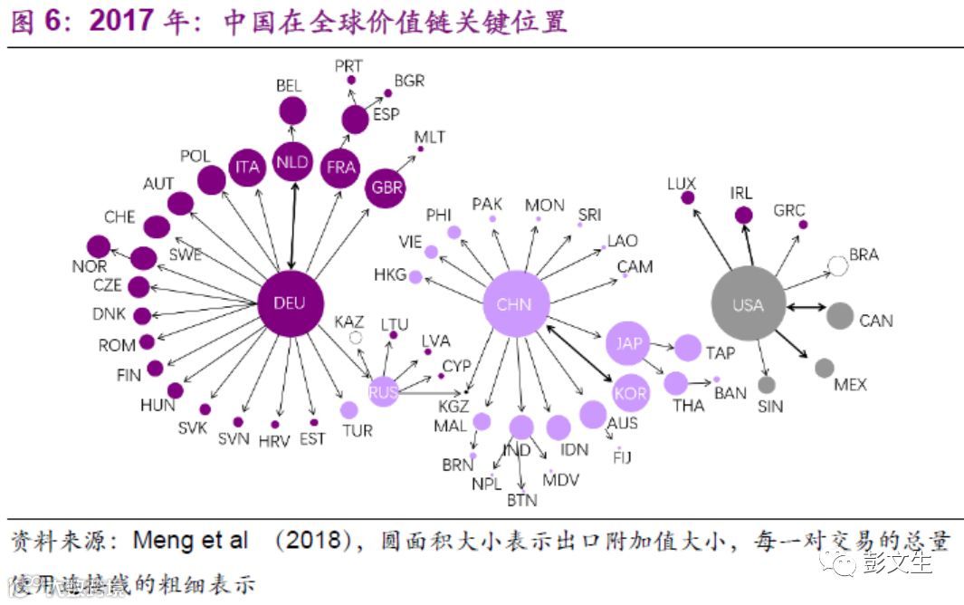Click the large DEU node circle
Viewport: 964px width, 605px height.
(x=290, y=303)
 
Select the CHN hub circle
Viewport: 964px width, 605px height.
(x=516, y=304)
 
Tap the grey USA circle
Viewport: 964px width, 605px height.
(x=748, y=304)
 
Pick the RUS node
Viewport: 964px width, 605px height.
(x=384, y=391)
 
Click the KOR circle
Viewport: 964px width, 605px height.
(x=629, y=393)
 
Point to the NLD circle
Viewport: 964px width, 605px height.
(x=292, y=163)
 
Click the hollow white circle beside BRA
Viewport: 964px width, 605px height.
(x=838, y=265)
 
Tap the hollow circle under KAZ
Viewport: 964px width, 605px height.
(x=356, y=338)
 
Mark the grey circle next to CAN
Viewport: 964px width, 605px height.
(x=840, y=315)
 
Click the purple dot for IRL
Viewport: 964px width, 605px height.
(x=743, y=215)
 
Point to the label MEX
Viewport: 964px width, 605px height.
(x=850, y=385)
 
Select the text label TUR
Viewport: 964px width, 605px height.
(x=358, y=430)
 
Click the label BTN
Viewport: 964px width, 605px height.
(x=522, y=499)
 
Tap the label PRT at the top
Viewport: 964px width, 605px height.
(x=349, y=65)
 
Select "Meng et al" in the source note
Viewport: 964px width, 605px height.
(x=190, y=542)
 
